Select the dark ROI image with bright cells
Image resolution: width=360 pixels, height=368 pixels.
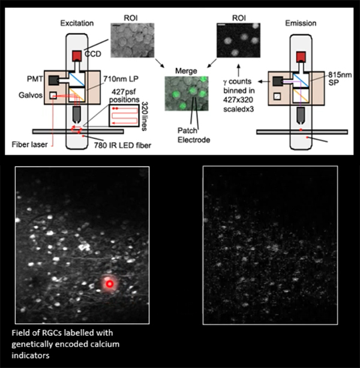pyautogui.click(x=237, y=46)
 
